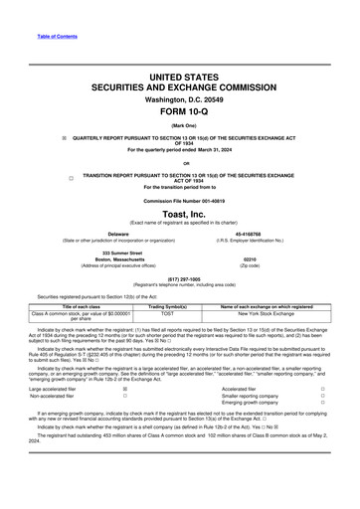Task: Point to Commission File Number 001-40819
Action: [x=179, y=199]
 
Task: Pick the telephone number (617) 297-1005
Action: [x=179, y=279]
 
